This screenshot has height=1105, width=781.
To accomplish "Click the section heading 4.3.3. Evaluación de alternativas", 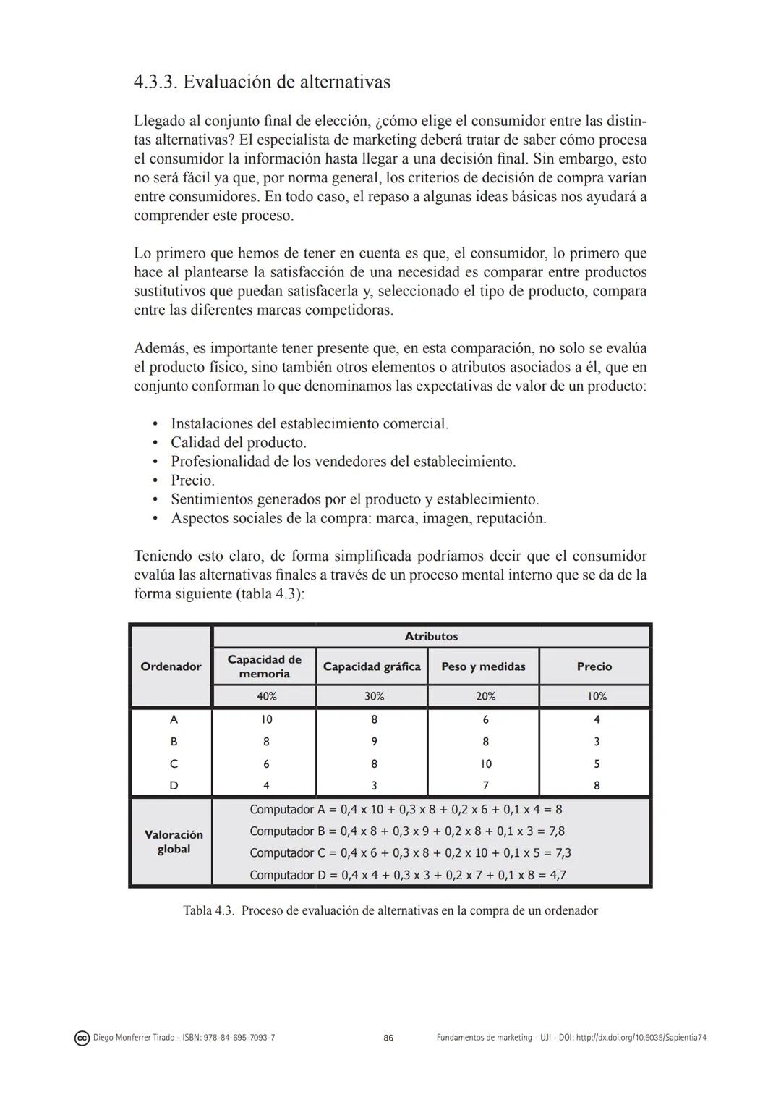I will tap(262, 82).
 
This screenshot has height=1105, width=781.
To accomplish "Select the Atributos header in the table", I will tap(431, 636).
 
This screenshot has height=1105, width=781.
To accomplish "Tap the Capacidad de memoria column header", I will tap(264, 666).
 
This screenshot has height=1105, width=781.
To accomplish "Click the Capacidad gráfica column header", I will tap(372, 666).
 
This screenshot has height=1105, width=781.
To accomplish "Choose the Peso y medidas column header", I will tap(483, 666).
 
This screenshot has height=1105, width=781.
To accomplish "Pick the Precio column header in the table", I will tap(594, 666).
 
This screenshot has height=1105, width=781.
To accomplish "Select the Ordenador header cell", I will tap(171, 666).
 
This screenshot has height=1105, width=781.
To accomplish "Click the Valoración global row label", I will tap(174, 842).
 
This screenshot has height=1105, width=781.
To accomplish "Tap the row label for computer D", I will tap(174, 785).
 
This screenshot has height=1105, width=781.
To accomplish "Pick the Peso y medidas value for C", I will tap(485, 763).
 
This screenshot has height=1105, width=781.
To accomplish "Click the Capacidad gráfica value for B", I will tap(374, 742).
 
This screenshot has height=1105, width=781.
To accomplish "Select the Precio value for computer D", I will tap(597, 785).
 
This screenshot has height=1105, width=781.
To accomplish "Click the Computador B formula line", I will tap(407, 831).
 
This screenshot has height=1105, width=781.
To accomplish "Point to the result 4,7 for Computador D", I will tap(558, 875).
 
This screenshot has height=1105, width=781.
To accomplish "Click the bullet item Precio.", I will tap(192, 480).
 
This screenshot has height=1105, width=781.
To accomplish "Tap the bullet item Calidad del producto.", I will tap(238, 442).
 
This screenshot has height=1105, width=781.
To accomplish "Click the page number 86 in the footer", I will tap(388, 1038).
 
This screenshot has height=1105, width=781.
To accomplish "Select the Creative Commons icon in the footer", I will tap(82, 1038).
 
